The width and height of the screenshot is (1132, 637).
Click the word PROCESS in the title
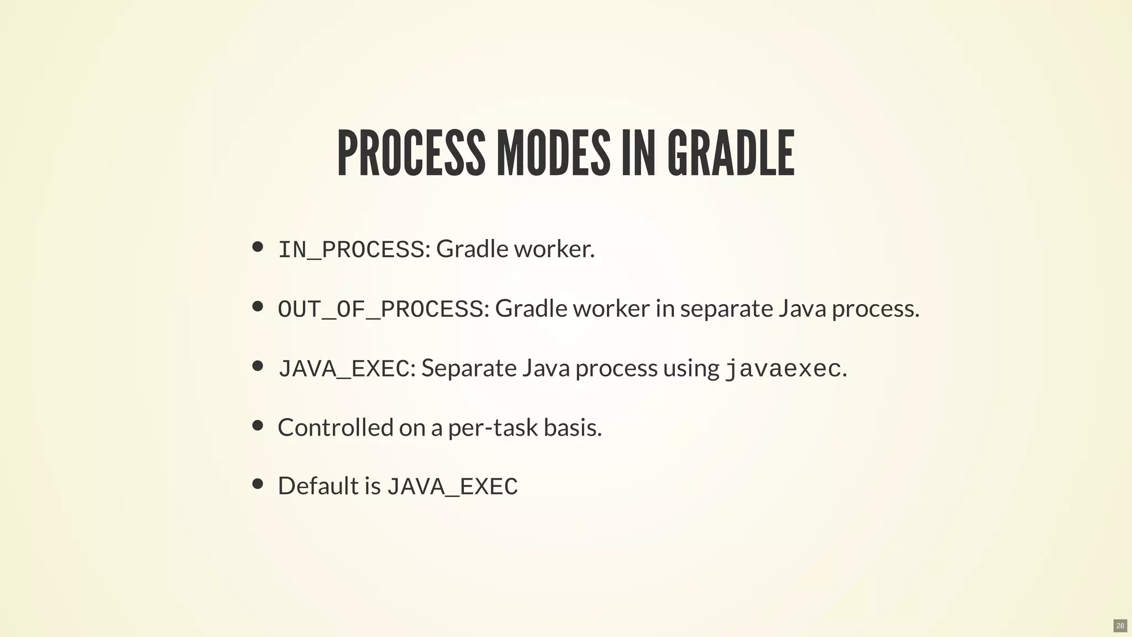coord(411,153)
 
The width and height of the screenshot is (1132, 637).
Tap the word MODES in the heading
coord(553,153)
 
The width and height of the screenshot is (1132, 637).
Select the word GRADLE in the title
coord(731,153)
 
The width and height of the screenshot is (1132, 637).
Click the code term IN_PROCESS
coord(351,249)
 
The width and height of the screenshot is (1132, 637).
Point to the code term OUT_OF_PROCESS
coord(380,309)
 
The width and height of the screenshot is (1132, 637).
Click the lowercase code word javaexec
coord(783,369)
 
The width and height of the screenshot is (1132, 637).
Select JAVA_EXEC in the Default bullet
coord(452,487)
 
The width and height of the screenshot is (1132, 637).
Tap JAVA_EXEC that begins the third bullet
coord(343,369)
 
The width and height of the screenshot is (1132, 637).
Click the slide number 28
coord(1120,626)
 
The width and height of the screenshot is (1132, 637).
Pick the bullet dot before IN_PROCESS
coord(258,247)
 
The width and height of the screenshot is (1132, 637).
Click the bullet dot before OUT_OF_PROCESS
coord(258,306)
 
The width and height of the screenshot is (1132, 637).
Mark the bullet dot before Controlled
coord(258,425)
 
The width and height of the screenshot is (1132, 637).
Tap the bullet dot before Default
coord(258,484)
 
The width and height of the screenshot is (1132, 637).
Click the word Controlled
coord(335,427)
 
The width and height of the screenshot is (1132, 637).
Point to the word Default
coord(318,486)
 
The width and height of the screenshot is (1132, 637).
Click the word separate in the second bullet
coord(726,309)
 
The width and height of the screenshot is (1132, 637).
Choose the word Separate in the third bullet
coord(469,368)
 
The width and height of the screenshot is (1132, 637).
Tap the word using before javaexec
coord(691,368)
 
